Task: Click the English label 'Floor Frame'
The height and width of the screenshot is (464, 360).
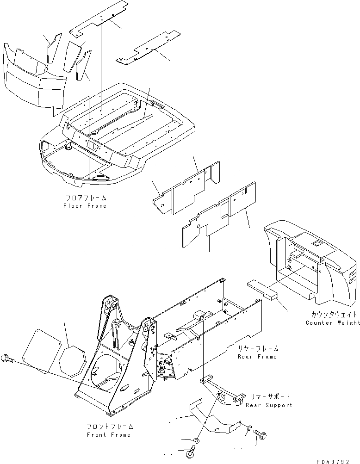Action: [85, 206]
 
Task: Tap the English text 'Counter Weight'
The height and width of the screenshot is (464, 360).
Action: [333, 322]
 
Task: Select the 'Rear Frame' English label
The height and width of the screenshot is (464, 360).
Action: [257, 357]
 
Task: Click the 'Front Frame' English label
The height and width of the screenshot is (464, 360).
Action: [109, 435]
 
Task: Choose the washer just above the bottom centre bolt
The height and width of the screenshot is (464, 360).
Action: [197, 441]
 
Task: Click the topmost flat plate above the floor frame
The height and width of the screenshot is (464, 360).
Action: [99, 19]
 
